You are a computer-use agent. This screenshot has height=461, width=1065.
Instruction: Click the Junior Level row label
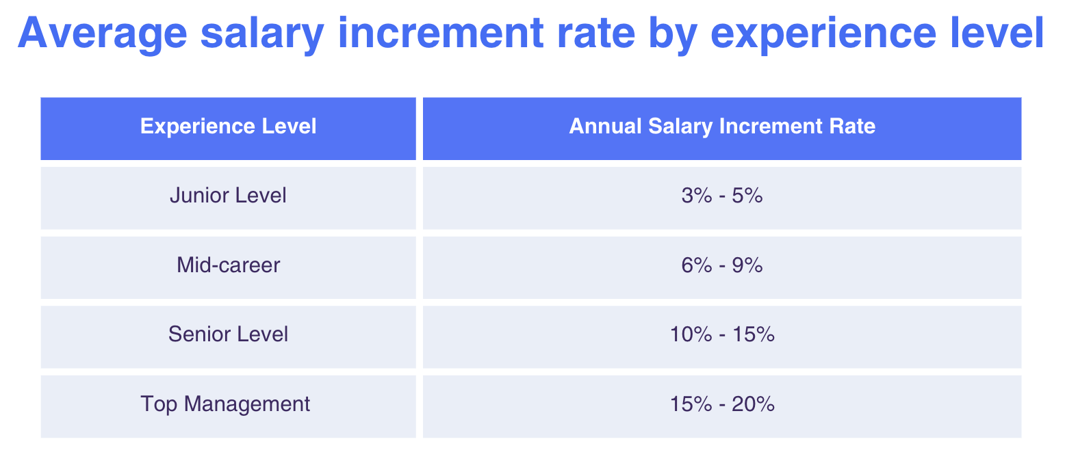click(x=228, y=196)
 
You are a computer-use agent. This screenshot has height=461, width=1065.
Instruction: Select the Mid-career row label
click(x=228, y=265)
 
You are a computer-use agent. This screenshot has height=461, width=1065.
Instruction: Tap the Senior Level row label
click(x=228, y=334)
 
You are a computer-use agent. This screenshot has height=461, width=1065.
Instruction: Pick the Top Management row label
click(x=225, y=404)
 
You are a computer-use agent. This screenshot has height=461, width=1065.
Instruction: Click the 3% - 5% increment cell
click(x=722, y=196)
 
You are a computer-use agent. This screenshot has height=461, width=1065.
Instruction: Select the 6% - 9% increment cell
click(x=722, y=265)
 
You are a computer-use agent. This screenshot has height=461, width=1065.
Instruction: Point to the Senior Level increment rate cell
click(x=722, y=334)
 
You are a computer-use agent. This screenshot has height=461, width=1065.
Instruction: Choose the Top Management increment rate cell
click(x=722, y=404)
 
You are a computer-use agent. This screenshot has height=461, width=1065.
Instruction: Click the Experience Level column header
click(x=228, y=127)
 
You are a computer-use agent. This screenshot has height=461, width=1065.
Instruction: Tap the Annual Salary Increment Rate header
click(x=722, y=127)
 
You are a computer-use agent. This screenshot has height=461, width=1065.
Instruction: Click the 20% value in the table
click(x=754, y=404)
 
